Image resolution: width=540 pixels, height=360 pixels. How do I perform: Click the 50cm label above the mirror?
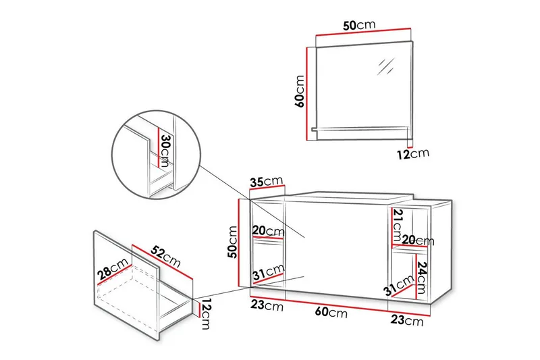[359, 25]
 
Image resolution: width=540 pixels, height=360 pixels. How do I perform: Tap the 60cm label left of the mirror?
[299, 91]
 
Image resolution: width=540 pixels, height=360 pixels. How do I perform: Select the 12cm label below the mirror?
[413, 153]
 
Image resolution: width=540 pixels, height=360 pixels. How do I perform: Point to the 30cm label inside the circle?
[165, 151]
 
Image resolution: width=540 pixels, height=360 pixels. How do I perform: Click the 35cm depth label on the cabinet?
[267, 181]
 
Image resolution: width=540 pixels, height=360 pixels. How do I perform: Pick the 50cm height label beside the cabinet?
[232, 242]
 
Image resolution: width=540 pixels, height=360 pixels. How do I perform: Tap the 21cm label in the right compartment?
[398, 225]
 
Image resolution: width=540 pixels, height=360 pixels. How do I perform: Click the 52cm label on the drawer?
[165, 257]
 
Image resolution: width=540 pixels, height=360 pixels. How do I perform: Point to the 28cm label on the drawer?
[113, 269]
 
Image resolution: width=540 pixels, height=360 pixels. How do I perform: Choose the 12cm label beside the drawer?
[206, 314]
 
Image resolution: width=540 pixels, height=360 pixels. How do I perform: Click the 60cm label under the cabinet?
[331, 312]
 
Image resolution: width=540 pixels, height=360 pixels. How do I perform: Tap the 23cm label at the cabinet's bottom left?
[267, 305]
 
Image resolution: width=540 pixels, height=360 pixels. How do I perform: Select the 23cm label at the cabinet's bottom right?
[407, 320]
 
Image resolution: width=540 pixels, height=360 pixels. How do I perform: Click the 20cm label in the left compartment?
[269, 230]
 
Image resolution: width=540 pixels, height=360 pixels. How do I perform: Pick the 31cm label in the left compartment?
[269, 272]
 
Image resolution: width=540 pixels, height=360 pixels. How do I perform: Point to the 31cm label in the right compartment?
[399, 286]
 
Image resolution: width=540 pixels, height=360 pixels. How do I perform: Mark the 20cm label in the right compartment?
[418, 240]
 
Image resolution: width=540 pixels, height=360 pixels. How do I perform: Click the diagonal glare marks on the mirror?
[385, 66]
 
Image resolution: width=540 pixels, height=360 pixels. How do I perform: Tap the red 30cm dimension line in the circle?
[159, 147]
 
